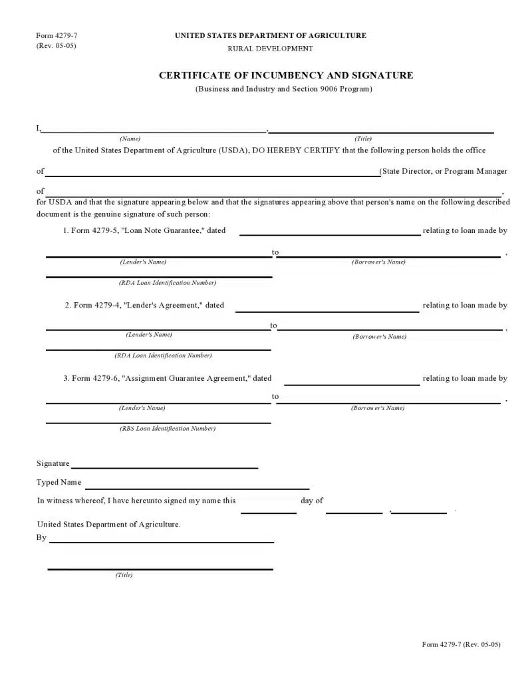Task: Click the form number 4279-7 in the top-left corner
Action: pyautogui.click(x=52, y=35)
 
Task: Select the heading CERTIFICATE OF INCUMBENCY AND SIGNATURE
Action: pyautogui.click(x=286, y=75)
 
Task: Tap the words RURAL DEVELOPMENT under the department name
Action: pyautogui.click(x=270, y=49)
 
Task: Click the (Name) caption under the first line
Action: pyautogui.click(x=130, y=138)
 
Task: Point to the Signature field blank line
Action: pyautogui.click(x=164, y=467)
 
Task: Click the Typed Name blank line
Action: pyautogui.click(x=197, y=487)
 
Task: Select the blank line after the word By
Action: pyautogui.click(x=162, y=541)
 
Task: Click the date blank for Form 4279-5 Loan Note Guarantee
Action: pyautogui.click(x=330, y=234)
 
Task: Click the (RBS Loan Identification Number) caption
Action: pyautogui.click(x=168, y=429)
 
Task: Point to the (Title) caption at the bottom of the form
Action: pyautogui.click(x=124, y=575)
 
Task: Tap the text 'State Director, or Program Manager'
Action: pyautogui.click(x=444, y=171)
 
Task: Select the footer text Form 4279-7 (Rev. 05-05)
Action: pyautogui.click(x=461, y=644)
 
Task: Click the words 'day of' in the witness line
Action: pyautogui.click(x=312, y=501)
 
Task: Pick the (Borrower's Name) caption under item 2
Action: pyautogui.click(x=380, y=337)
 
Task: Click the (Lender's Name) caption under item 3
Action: pyautogui.click(x=142, y=408)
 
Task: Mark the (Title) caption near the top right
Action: pyautogui.click(x=363, y=138)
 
